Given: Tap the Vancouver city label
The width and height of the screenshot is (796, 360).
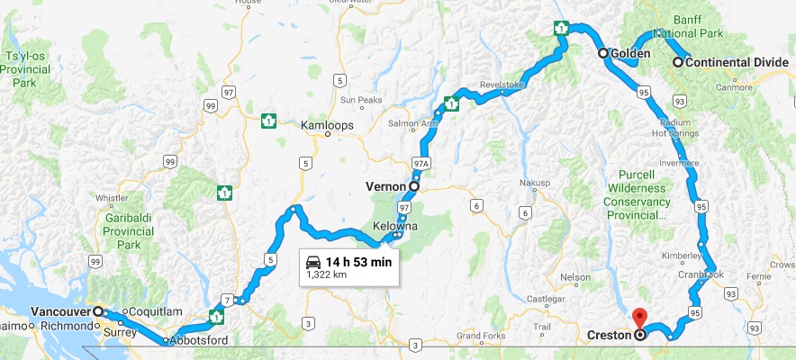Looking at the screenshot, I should [60, 311].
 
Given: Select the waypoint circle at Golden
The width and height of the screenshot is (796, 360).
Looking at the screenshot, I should [603, 54].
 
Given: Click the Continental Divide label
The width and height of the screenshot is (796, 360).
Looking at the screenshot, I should [730, 63].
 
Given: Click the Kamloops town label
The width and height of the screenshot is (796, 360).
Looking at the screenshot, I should [327, 125].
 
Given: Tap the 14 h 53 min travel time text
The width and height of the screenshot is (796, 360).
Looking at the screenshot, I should [357, 262].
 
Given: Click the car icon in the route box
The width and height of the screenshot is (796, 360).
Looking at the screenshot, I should [312, 262].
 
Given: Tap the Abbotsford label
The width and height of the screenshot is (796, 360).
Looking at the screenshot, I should [200, 340].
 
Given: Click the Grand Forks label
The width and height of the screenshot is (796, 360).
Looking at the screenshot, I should [478, 335].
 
